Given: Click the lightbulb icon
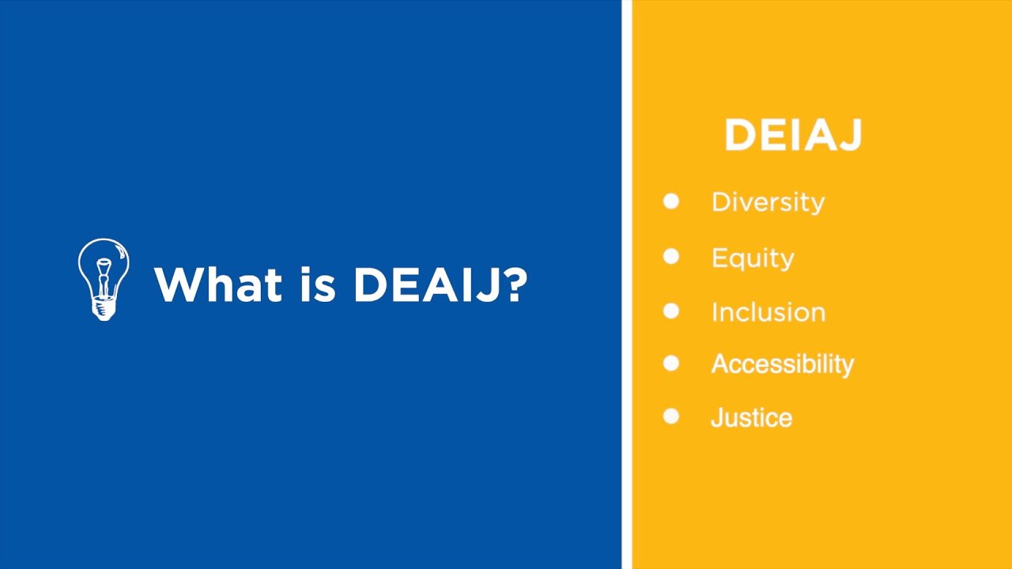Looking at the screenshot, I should click(104, 278).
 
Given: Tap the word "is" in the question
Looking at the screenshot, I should click(320, 284).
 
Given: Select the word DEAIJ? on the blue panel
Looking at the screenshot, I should click(440, 284).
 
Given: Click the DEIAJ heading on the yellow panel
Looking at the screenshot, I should click(793, 135).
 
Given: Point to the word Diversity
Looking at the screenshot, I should click(768, 202).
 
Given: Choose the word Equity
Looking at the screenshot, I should click(753, 258).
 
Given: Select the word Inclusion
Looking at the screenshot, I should click(768, 312).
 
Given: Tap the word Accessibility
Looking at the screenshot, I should click(783, 364).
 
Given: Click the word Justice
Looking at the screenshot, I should click(751, 417).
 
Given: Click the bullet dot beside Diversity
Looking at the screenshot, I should click(671, 202).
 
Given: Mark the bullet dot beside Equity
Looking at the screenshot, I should click(671, 257).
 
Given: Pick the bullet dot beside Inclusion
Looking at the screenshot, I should click(671, 311).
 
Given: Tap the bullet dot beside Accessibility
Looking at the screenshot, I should click(671, 364).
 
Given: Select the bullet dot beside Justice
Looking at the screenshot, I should click(671, 416).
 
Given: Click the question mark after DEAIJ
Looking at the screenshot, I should click(515, 284).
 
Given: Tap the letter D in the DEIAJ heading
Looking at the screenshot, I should click(740, 135).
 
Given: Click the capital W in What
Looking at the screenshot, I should click(178, 284).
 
